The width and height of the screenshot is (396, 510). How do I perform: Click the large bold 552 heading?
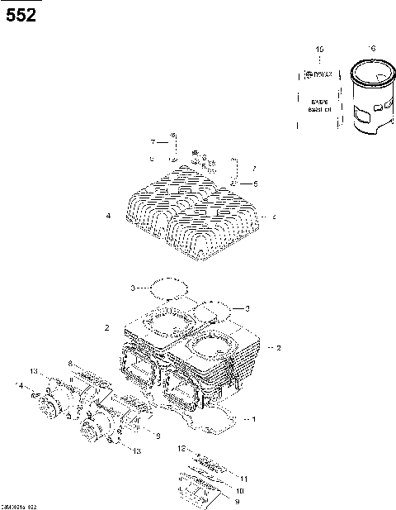pyautogui.click(x=21, y=14)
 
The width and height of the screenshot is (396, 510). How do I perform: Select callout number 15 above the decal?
pyautogui.click(x=320, y=51)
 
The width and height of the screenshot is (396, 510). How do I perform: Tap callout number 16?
pyautogui.click(x=372, y=49)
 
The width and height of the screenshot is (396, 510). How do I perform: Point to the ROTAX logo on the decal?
pyautogui.click(x=318, y=75)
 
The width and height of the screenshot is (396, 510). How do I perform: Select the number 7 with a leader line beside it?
pyautogui.click(x=153, y=142)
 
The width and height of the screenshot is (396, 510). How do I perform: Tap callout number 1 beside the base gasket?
pyautogui.click(x=253, y=419)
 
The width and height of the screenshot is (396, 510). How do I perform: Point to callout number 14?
pyautogui.click(x=18, y=385)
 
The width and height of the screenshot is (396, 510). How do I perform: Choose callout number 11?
pyautogui.click(x=243, y=479)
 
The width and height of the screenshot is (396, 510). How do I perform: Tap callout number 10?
pyautogui.click(x=240, y=490)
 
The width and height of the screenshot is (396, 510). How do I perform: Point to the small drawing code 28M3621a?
pyautogui.click(x=18, y=504)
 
